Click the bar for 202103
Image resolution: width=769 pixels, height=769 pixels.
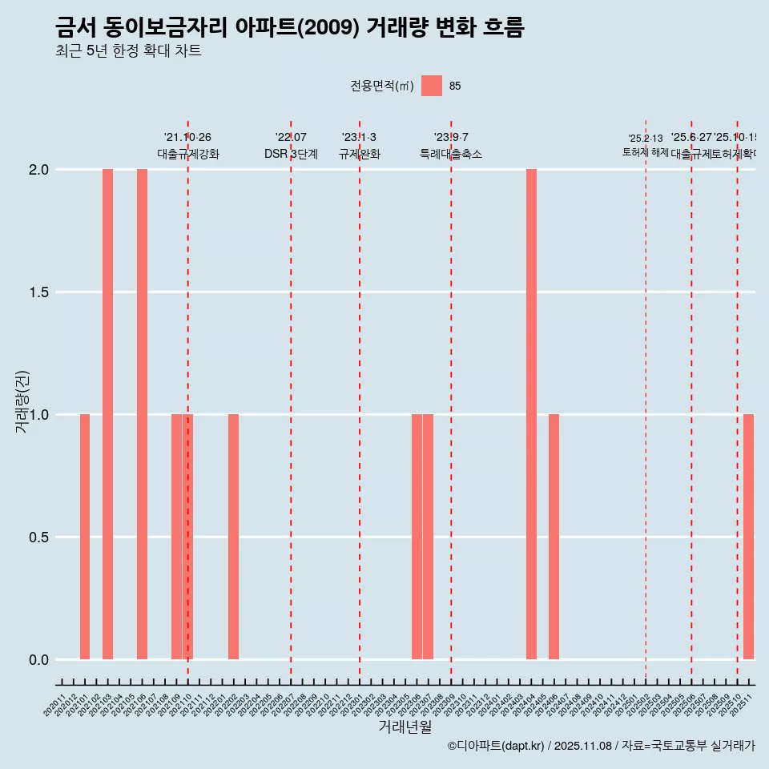point(107,414)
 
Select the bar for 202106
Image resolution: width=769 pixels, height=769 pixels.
point(142,414)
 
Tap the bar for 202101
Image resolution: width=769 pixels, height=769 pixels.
point(85,537)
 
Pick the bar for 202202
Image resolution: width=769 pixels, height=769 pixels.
point(233,537)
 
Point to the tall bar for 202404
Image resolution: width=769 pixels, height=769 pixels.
point(531,414)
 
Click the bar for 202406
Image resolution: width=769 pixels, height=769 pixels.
point(554,537)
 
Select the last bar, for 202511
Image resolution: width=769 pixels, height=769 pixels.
point(748,537)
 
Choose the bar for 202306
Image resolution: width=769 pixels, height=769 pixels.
point(417,537)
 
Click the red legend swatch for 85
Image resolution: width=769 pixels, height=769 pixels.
point(432,86)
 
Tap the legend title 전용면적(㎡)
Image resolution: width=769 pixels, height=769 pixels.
point(382,87)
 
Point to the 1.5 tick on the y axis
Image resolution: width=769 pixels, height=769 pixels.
point(38,292)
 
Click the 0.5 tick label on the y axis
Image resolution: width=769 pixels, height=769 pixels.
point(38,537)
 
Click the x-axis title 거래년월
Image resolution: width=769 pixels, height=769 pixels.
point(405,727)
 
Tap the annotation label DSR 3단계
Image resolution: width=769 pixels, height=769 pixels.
point(291,154)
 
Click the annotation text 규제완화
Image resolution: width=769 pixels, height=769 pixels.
point(360,154)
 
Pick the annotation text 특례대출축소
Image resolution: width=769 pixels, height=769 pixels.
point(451,154)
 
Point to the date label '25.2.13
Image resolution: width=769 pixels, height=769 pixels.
point(646,139)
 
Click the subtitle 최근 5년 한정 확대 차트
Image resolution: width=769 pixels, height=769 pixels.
point(128,51)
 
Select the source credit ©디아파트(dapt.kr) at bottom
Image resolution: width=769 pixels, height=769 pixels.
point(497,746)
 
